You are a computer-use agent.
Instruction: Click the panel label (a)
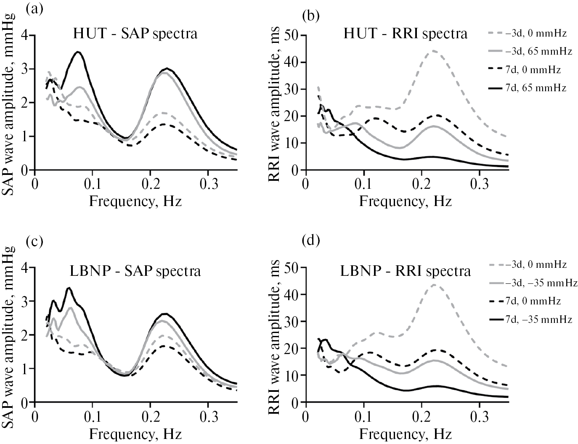(34, 9)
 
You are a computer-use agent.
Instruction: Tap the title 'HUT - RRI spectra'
(406, 34)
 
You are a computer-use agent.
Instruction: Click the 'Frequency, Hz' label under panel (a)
(135, 201)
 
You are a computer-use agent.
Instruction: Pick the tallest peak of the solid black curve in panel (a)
(77, 52)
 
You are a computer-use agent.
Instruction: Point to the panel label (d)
(311, 242)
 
